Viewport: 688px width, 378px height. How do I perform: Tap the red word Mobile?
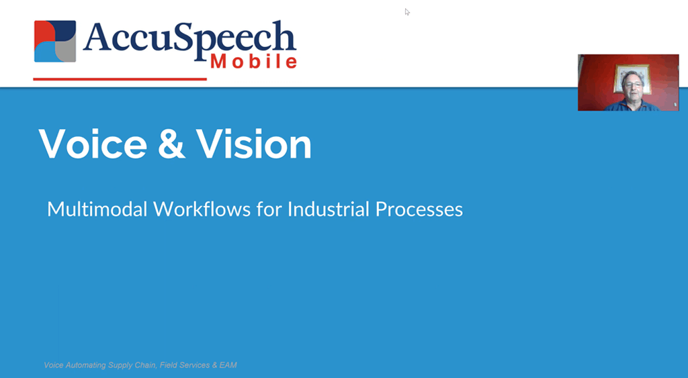pyautogui.click(x=254, y=62)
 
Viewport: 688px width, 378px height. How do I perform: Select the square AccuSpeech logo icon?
pyautogui.click(x=55, y=41)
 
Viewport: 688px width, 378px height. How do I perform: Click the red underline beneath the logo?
pyautogui.click(x=120, y=79)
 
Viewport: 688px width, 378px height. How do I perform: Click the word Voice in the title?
pyautogui.click(x=93, y=144)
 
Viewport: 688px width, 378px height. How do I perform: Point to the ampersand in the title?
pyautogui.click(x=171, y=144)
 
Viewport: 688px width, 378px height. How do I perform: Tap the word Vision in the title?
pyautogui.click(x=253, y=144)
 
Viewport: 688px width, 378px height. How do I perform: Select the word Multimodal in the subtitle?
pyautogui.click(x=97, y=209)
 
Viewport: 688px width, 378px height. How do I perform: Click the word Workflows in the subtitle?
pyautogui.click(x=202, y=209)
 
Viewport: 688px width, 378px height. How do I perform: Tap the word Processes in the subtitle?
pyautogui.click(x=419, y=209)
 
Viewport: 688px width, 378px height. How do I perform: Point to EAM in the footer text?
pyautogui.click(x=228, y=365)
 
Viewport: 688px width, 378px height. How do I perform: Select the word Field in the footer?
pyautogui.click(x=169, y=365)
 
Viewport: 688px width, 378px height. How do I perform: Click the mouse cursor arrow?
pyautogui.click(x=407, y=12)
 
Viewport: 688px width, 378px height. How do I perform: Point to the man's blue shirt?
pyautogui.click(x=632, y=105)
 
